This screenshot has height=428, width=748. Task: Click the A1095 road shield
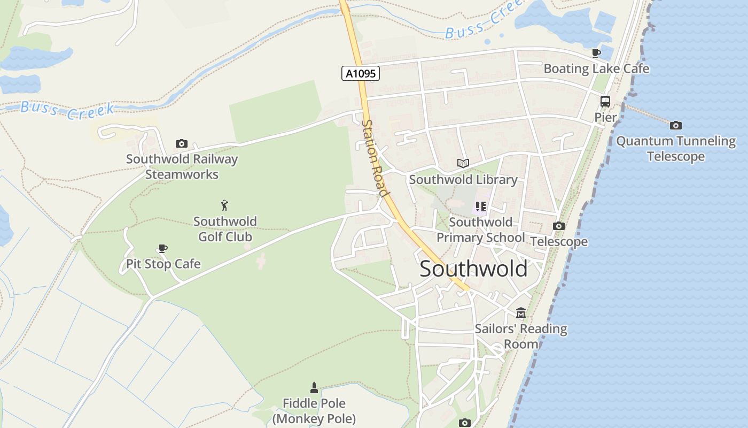pyautogui.click(x=361, y=73)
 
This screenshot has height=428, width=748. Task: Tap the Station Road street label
pyautogui.click(x=374, y=157)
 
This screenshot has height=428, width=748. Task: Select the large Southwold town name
pyautogui.click(x=473, y=269)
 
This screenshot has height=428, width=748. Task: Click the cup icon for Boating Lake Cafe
pyautogui.click(x=596, y=53)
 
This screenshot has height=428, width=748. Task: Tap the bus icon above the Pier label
pyautogui.click(x=605, y=101)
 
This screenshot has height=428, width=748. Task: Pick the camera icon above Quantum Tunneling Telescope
pyautogui.click(x=676, y=126)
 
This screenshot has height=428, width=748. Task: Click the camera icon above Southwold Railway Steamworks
pyautogui.click(x=182, y=143)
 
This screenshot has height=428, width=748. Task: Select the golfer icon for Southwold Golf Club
pyautogui.click(x=225, y=205)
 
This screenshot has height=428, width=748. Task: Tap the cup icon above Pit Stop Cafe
pyautogui.click(x=163, y=248)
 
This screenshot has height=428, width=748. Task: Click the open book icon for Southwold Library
pyautogui.click(x=463, y=164)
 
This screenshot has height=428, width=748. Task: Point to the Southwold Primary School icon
pyautogui.click(x=480, y=207)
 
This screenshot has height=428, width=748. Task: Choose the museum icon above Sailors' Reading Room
pyautogui.click(x=521, y=312)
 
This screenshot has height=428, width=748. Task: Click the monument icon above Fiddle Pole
pyautogui.click(x=314, y=388)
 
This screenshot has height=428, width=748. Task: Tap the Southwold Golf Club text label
pyautogui.click(x=225, y=229)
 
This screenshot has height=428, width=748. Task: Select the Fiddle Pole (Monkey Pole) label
pyautogui.click(x=314, y=411)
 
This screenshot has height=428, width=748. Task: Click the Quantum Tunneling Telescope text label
pyautogui.click(x=676, y=149)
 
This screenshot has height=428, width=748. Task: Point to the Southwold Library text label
pyautogui.click(x=463, y=180)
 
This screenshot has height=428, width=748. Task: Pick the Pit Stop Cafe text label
pyautogui.click(x=163, y=264)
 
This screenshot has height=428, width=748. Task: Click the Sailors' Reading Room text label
pyautogui.click(x=521, y=336)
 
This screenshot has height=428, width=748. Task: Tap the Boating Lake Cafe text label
pyautogui.click(x=596, y=68)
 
